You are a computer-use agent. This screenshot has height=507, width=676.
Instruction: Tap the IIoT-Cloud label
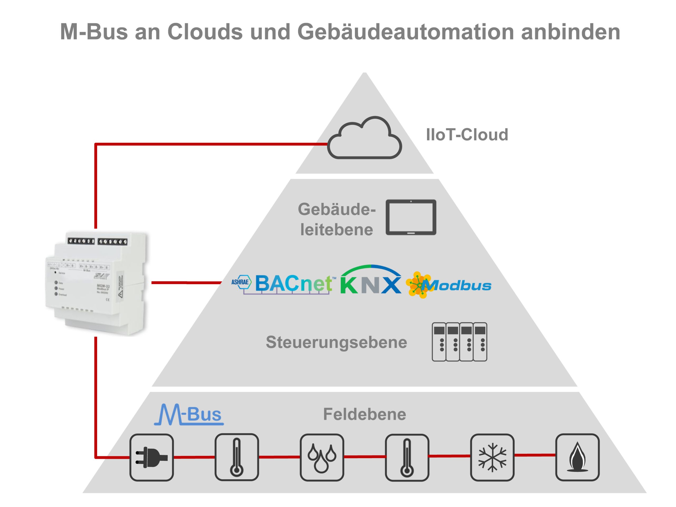(467, 135)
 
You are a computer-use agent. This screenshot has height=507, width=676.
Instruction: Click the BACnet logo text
(293, 283)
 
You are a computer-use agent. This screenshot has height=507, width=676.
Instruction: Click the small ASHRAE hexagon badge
(241, 282)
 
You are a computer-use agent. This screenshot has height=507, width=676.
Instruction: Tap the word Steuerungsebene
(336, 342)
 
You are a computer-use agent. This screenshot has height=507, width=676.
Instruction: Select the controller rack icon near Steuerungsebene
(459, 342)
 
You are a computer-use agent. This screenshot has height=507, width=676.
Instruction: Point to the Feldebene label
(364, 414)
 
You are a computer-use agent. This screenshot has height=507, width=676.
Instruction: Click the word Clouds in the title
(205, 31)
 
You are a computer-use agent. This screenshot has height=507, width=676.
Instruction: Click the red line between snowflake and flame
(534, 455)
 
